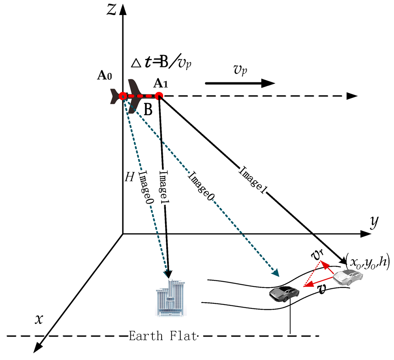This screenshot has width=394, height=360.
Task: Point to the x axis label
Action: tap(38, 319)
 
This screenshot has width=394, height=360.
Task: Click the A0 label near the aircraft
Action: tap(105, 76)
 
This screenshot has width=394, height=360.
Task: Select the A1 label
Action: tap(160, 83)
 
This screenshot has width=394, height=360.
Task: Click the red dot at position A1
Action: tap(159, 96)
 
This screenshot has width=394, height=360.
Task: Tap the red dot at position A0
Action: tap(123, 96)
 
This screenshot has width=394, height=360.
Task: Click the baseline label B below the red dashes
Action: tap(148, 110)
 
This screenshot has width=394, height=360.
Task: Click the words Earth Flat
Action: tap(163, 336)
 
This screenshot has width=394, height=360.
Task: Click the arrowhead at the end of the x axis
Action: tap(37, 348)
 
